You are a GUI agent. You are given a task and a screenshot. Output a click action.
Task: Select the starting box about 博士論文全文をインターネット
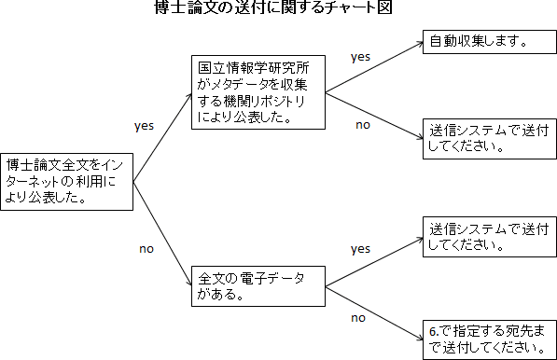(x=66, y=180)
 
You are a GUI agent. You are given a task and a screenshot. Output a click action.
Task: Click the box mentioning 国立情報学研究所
(x=257, y=93)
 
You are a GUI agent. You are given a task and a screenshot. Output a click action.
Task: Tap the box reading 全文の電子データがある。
(x=257, y=286)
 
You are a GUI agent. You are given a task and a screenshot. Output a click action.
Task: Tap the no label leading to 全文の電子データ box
(x=146, y=249)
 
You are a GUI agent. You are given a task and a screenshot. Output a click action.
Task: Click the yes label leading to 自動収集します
(x=360, y=57)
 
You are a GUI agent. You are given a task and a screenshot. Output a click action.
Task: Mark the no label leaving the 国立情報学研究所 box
(x=363, y=124)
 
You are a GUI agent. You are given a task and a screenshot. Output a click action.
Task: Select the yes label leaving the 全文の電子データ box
(x=360, y=249)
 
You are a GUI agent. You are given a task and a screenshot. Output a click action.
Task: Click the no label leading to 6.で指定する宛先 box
(x=357, y=317)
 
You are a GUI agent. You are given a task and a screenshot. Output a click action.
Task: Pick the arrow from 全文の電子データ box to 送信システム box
(x=373, y=260)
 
